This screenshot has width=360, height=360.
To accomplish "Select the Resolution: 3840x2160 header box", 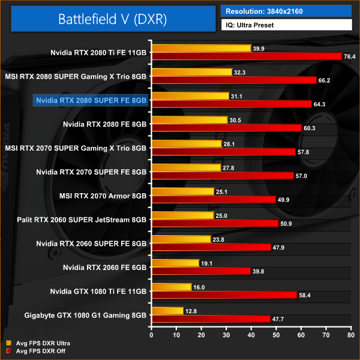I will [x=286, y=11].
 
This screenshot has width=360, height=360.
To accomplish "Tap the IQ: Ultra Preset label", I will [x=286, y=25].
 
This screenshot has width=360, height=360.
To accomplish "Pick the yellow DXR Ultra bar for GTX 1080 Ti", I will [x=172, y=287].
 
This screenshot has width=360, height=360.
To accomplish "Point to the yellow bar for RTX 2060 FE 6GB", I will [x=176, y=263].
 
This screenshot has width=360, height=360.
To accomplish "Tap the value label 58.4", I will [x=305, y=295].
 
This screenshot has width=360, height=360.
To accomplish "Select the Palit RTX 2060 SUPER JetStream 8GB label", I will [x=82, y=220].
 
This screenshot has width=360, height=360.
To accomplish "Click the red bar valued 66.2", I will [x=235, y=80].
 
